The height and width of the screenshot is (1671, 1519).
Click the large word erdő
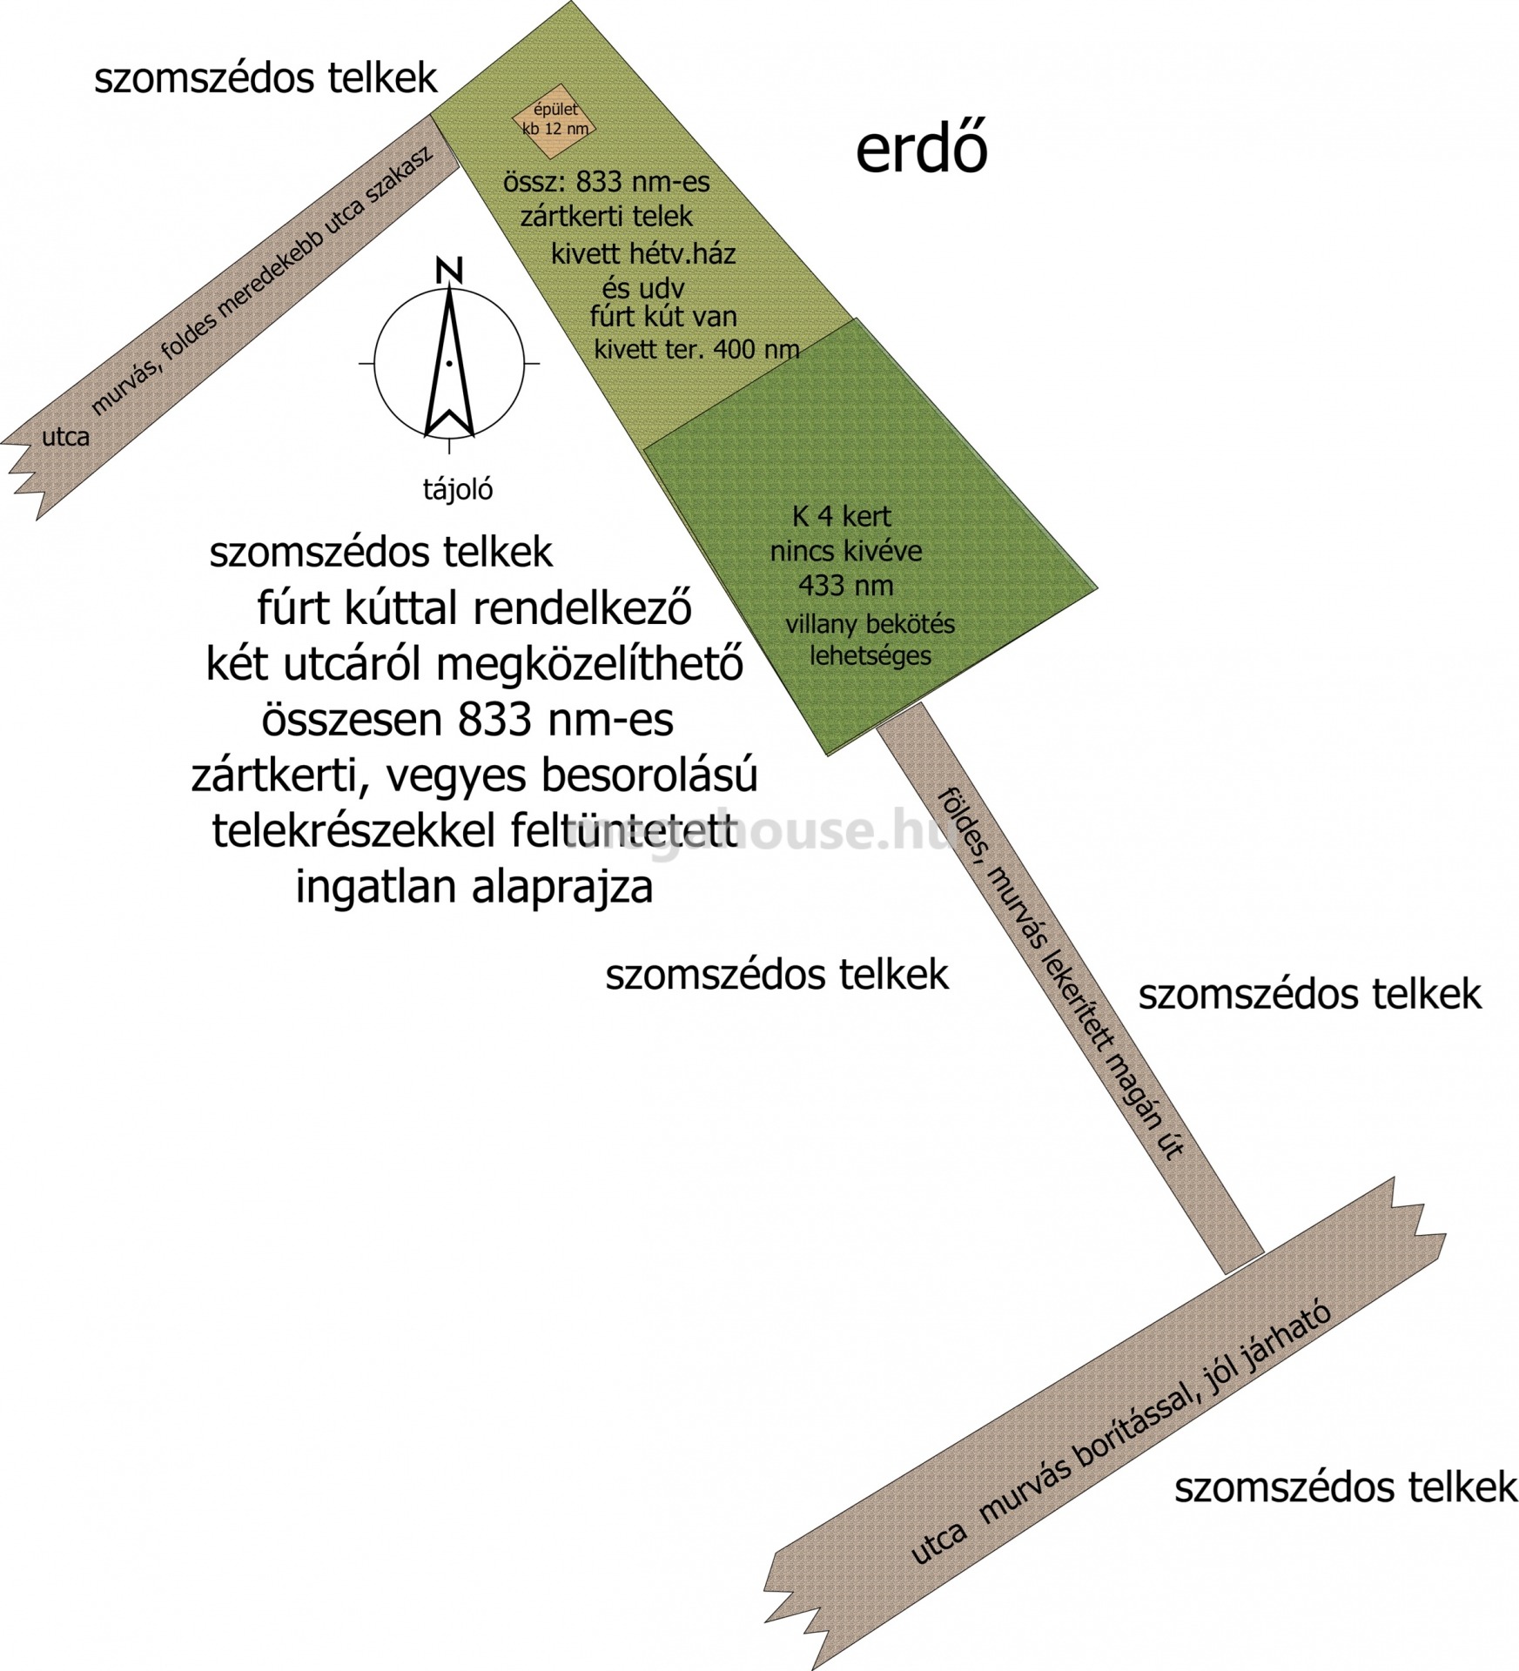pos(921,151)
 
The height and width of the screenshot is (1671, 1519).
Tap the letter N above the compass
pos(449,271)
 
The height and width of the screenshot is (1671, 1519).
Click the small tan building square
pos(555,122)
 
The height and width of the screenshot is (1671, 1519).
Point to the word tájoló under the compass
pos(458,490)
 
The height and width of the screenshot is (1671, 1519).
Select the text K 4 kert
pos(841,517)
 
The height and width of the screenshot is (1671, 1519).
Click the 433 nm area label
pos(845,586)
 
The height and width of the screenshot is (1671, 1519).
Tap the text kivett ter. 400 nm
pos(696,350)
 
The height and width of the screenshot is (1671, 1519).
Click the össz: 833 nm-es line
pos(606,183)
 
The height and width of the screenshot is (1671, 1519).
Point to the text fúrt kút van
pos(663,317)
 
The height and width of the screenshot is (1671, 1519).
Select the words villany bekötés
pos(870,624)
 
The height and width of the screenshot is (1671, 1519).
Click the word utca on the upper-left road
pos(66,436)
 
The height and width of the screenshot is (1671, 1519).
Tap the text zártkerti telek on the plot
pos(607,216)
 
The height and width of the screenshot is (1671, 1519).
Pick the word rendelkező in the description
pos(591,609)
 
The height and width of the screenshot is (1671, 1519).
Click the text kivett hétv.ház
pos(643,254)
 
